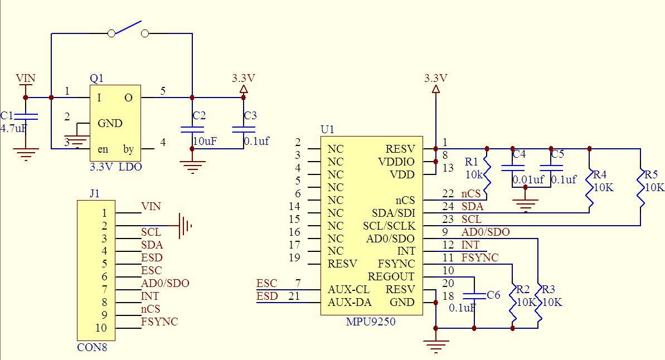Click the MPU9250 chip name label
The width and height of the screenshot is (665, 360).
pos(371,322)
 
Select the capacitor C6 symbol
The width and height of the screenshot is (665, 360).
pos(474,295)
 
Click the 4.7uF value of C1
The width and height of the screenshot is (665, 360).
pos(13,129)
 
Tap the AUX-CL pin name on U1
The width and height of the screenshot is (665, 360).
pos(348,290)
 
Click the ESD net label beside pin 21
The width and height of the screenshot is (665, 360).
pos(267,296)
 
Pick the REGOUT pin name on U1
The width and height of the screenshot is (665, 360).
pos(391,276)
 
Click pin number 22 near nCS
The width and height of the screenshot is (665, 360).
pos(448,193)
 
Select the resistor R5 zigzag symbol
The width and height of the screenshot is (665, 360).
pos(640,189)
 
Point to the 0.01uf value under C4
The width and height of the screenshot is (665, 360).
pos(528,179)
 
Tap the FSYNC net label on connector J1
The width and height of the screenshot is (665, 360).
pos(159,322)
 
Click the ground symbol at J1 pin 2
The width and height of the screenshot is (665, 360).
pos(185,226)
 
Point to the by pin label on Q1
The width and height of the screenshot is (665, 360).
pos(129,149)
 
